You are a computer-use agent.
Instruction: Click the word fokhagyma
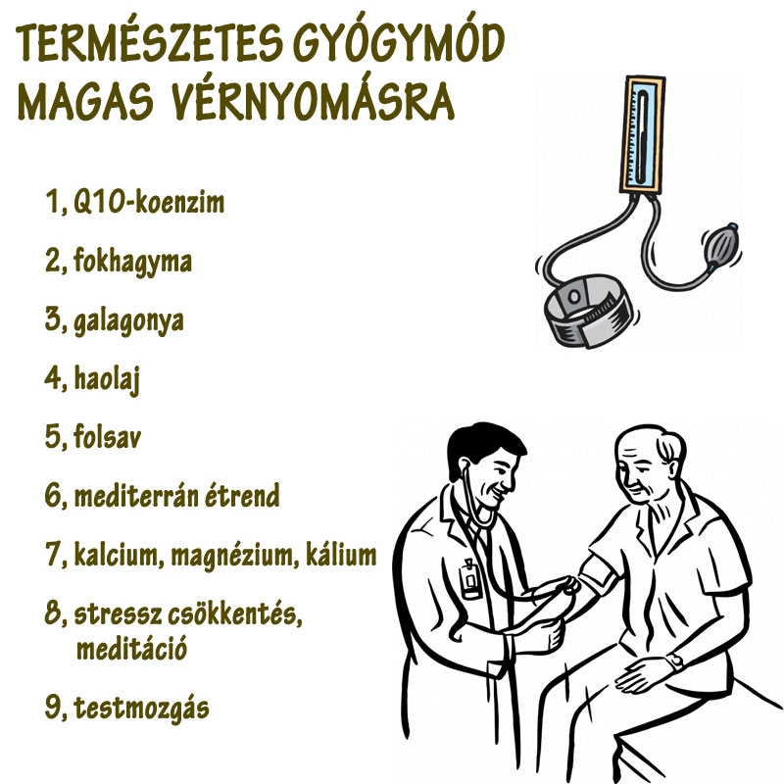[131, 263]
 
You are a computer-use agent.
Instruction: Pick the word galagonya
[128, 321]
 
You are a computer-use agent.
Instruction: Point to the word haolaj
[106, 379]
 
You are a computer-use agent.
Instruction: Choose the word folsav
[106, 437]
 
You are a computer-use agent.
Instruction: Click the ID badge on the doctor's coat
[472, 577]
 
